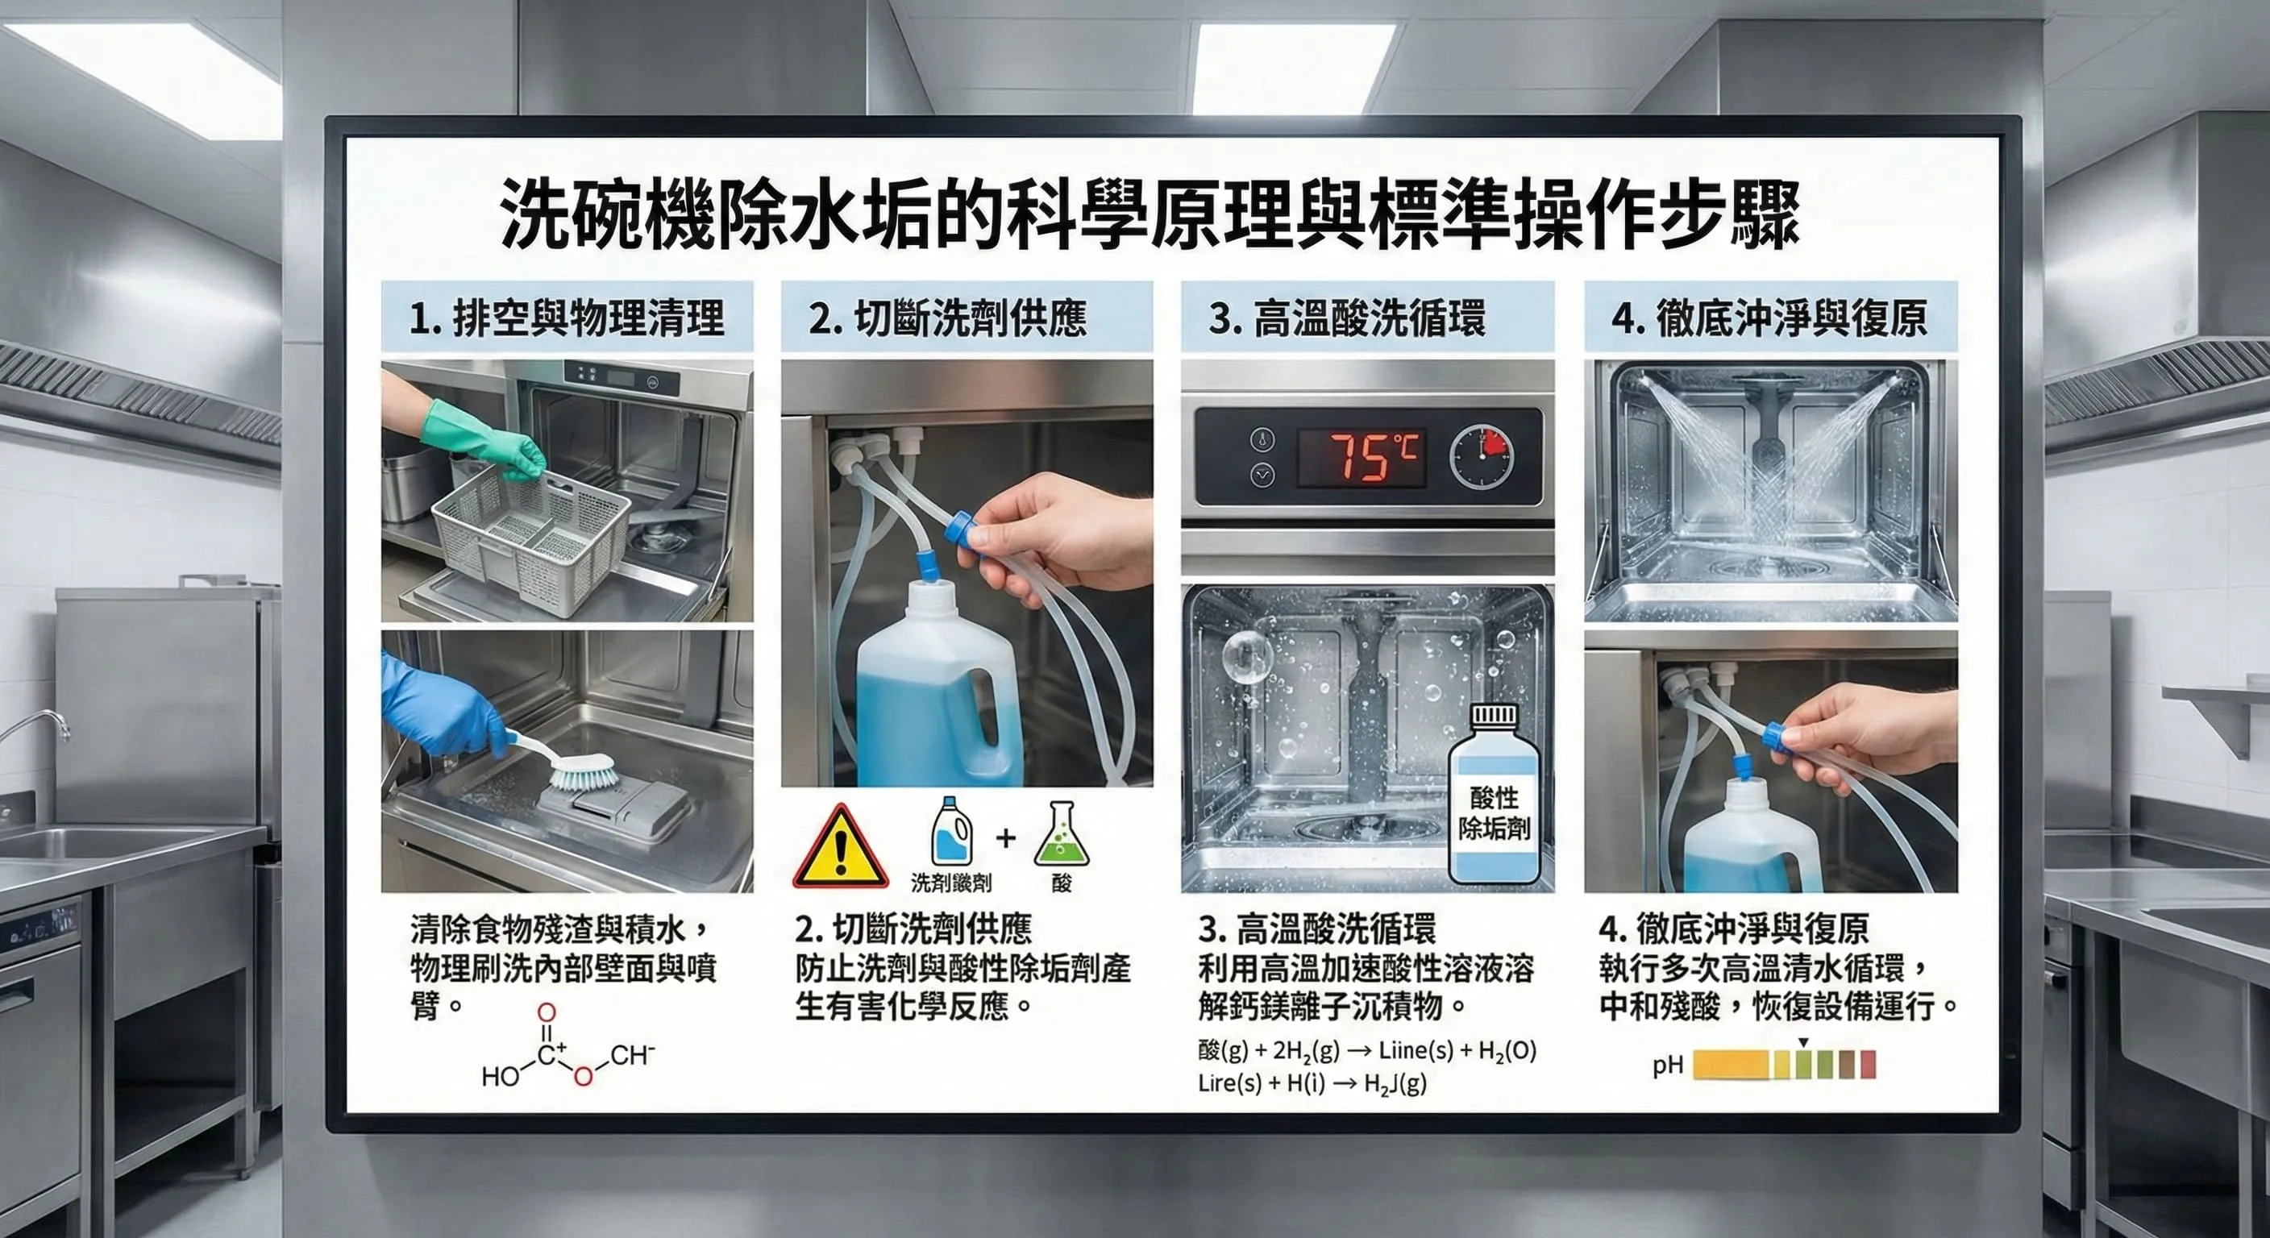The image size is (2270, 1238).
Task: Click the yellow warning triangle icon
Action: pos(840,849)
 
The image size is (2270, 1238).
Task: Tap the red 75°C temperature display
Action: pos(1362,457)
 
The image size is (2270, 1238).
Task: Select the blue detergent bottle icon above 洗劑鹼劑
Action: pos(952,833)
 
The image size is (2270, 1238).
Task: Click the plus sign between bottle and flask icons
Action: pos(1005,838)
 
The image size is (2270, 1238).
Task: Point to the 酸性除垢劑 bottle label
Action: pos(1494,812)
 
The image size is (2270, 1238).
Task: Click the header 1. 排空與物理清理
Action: pos(567,318)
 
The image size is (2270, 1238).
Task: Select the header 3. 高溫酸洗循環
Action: pos(1346,318)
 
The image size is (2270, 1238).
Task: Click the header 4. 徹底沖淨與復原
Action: pos(1769,318)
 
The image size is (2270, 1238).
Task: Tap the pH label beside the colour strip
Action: pos(1667,1066)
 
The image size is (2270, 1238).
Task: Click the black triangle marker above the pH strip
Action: pos(1804,1042)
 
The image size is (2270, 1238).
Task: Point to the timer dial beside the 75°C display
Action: pos(1482,457)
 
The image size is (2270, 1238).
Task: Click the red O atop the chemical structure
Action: pos(547,1012)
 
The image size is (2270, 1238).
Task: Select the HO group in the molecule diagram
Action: pos(500,1077)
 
